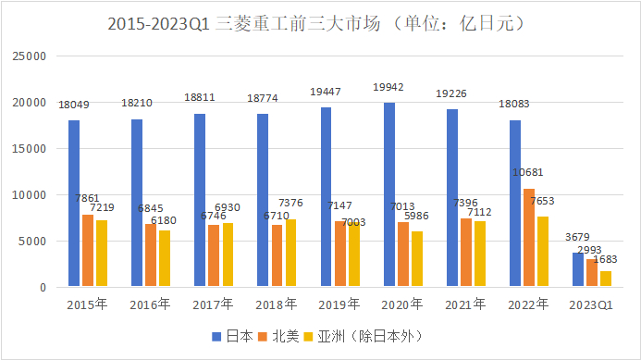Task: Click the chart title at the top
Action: (x=316, y=23)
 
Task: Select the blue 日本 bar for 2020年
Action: (x=389, y=194)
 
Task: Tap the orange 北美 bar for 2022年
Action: (x=529, y=237)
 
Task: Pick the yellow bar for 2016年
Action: (x=165, y=258)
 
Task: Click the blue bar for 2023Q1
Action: (x=578, y=269)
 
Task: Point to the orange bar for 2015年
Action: (x=88, y=251)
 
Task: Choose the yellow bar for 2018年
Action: (x=290, y=253)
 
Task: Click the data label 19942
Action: (x=388, y=87)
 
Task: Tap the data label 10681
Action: (x=528, y=172)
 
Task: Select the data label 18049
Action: (x=74, y=105)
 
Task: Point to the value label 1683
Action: (x=605, y=259)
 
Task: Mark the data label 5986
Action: (x=416, y=216)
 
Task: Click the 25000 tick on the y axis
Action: (x=30, y=56)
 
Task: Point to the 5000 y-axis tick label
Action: (x=32, y=242)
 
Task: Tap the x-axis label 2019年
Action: (x=339, y=304)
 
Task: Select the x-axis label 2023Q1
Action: (x=591, y=305)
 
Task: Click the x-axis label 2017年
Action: (x=213, y=304)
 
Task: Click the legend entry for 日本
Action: (x=232, y=336)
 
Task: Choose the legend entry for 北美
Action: (x=278, y=336)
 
